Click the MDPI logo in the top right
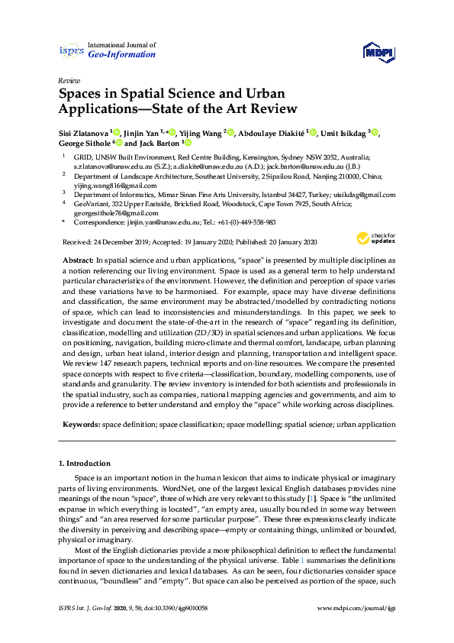(x=375, y=52)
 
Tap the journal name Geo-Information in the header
(x=122, y=55)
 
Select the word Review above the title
(x=68, y=80)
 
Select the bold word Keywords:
(x=79, y=423)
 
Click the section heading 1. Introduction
(x=85, y=464)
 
